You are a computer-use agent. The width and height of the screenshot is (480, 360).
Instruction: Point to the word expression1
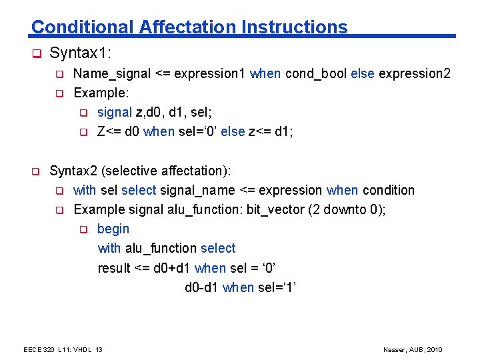pos(209,73)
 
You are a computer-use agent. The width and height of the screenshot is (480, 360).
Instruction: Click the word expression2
pos(415,73)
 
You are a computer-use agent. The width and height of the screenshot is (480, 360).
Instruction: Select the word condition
pos(388,190)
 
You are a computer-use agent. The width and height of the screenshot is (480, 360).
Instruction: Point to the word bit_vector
pos(275,209)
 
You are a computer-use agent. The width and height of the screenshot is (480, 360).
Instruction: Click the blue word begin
pos(113,229)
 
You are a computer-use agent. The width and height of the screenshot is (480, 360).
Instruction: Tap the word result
pos(114,268)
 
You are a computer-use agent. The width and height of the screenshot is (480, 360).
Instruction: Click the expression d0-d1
pos(201,287)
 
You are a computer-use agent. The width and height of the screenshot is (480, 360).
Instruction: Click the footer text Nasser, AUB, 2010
pos(413,350)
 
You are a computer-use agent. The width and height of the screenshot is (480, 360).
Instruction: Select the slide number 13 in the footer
pos(99,350)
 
